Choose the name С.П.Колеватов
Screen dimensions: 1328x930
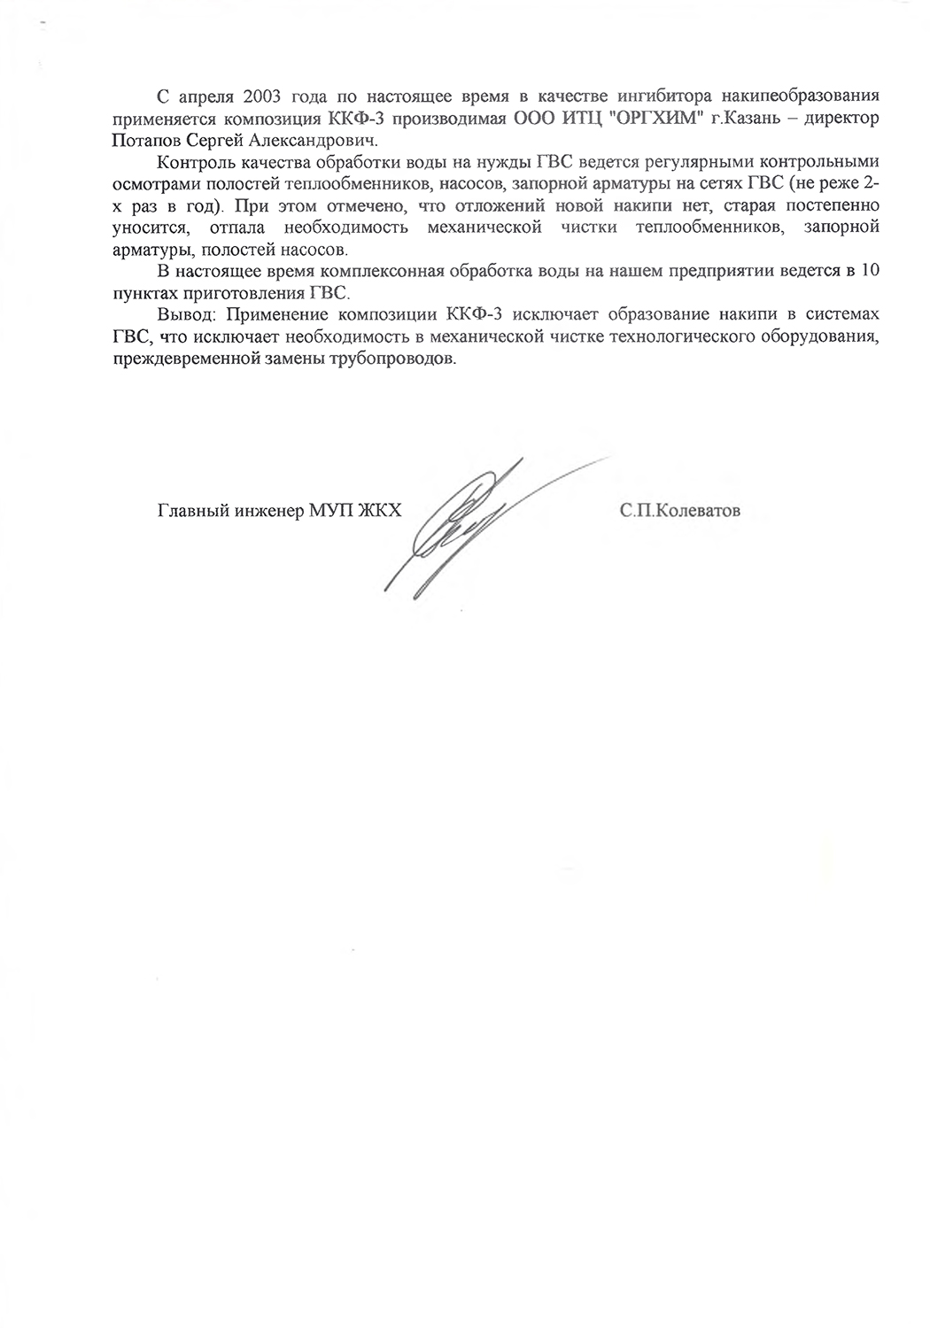(x=680, y=511)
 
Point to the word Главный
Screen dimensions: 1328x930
(x=188, y=511)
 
